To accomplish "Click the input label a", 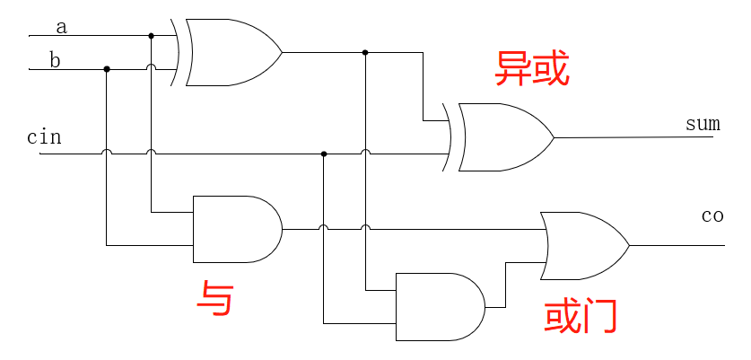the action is point(61,27).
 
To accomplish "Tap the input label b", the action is point(55,61).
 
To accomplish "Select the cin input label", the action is point(44,137).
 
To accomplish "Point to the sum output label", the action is point(703,124).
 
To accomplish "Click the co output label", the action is point(712,216).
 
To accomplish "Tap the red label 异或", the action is point(532,69).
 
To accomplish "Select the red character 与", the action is point(215,298).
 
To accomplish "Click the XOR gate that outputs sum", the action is point(503,137).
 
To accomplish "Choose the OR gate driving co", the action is point(584,245).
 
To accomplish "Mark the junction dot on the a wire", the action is point(151,36).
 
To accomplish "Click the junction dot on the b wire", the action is point(107,69).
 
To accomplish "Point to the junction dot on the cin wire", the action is point(324,154).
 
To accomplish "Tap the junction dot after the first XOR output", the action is point(365,52).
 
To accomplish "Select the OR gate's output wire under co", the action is point(673,245).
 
